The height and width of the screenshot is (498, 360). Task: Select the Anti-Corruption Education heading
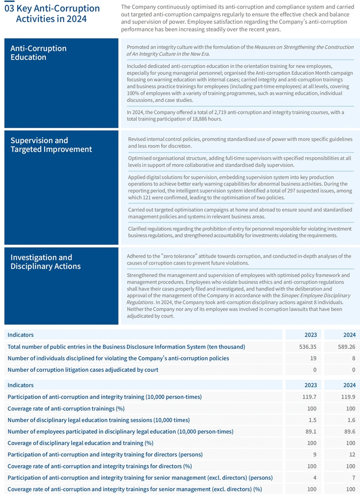coord(38,53)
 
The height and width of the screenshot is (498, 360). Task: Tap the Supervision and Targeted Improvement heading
coord(51,145)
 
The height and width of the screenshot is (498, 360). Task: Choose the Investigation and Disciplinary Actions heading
coord(46,262)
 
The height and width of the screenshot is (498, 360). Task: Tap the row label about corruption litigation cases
coord(83,370)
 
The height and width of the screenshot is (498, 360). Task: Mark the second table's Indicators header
coord(21,385)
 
